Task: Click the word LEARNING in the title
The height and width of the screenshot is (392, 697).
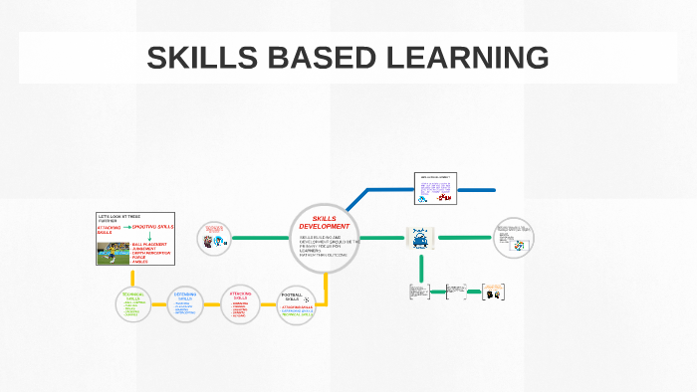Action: point(468,58)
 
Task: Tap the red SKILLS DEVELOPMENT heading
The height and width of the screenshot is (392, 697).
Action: point(325,222)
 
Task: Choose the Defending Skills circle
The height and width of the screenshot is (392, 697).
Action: point(185,304)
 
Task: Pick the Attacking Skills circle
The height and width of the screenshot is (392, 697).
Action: point(240,303)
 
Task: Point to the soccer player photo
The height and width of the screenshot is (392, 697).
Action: point(112,253)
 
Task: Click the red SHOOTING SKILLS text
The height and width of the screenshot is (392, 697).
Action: point(152,227)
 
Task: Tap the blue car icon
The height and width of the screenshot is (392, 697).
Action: point(420,239)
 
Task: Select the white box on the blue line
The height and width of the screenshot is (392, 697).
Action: point(434,188)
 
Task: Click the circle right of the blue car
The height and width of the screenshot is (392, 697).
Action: point(514,238)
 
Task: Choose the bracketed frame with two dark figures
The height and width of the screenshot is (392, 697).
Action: point(495,292)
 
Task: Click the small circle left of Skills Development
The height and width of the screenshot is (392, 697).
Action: point(214,239)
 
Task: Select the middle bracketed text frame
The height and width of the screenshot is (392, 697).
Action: point(456,292)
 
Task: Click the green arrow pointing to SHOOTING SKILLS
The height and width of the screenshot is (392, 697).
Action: point(126,227)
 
